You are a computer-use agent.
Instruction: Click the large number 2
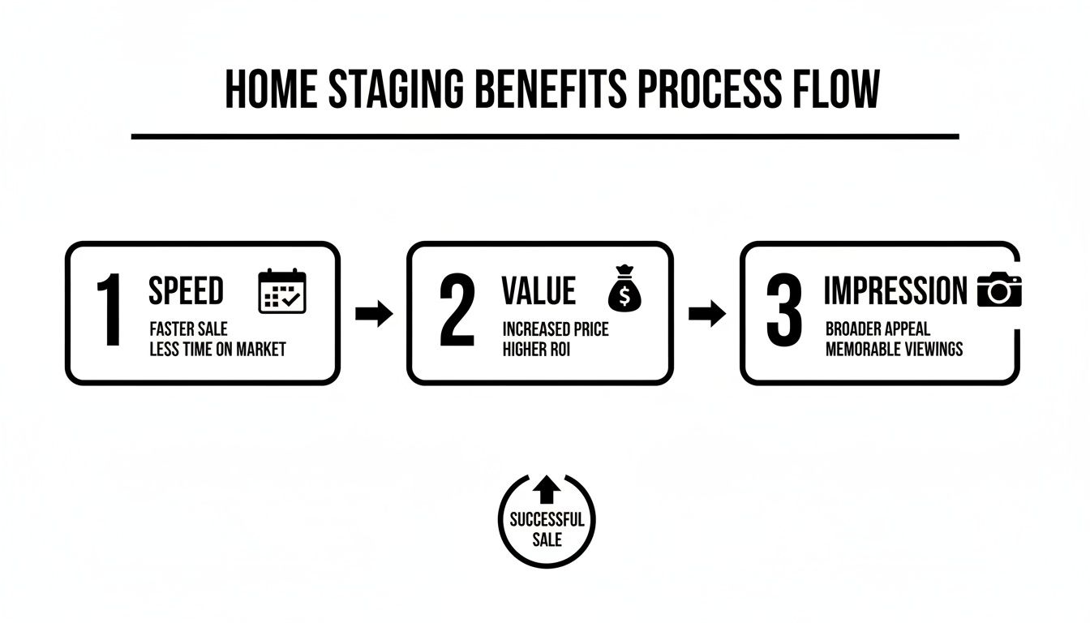click(x=457, y=312)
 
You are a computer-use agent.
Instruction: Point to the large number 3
click(x=784, y=312)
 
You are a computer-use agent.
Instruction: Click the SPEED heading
click(x=186, y=290)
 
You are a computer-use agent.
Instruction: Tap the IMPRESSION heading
click(x=895, y=290)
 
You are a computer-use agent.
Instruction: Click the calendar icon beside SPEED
click(x=282, y=292)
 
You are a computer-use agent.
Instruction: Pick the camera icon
click(x=999, y=290)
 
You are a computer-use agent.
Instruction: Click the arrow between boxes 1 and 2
click(x=374, y=314)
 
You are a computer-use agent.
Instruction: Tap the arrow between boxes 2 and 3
click(x=706, y=314)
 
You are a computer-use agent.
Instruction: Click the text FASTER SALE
click(x=188, y=329)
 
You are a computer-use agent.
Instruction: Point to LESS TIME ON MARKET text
click(x=217, y=350)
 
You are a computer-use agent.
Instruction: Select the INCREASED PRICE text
click(x=556, y=329)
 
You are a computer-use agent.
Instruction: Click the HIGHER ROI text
click(x=536, y=350)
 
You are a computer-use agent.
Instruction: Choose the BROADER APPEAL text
click(x=878, y=329)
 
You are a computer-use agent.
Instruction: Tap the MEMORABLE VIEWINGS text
click(x=895, y=350)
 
